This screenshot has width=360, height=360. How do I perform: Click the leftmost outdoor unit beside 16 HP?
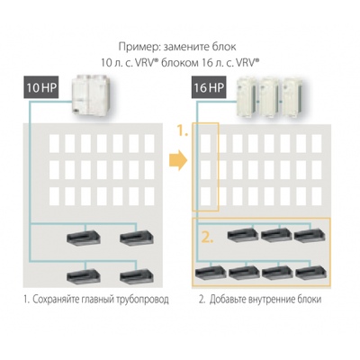247,94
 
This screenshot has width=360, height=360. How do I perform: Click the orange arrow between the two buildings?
178,163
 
